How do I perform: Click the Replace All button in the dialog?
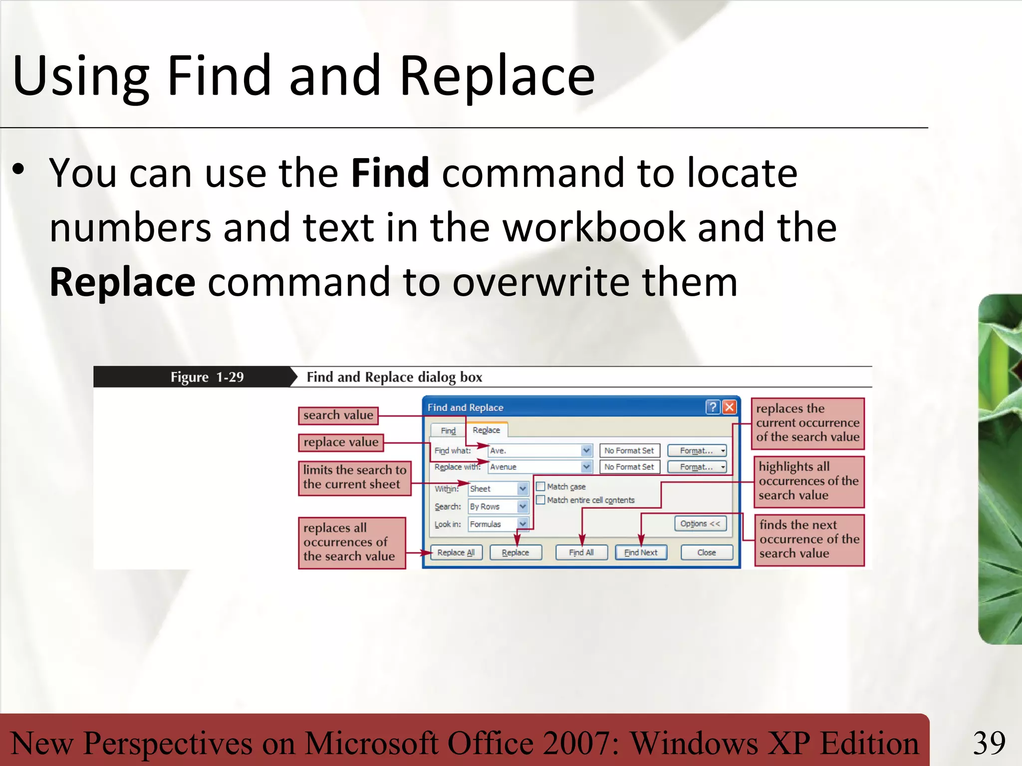456,553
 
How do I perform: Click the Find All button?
581,553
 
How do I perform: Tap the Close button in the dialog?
707,553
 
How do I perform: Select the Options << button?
700,524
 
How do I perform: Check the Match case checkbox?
540,486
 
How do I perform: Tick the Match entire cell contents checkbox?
540,500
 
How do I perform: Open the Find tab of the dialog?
448,430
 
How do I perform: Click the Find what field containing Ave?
534,450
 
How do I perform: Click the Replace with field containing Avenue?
534,467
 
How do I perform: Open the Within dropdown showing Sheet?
522,489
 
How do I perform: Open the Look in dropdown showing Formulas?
522,524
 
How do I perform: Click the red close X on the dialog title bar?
729,407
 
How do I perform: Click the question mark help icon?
713,407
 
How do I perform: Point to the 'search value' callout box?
338,415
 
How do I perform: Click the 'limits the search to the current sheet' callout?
354,477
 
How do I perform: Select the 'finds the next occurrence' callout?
809,539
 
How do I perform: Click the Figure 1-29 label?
207,377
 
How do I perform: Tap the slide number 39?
989,743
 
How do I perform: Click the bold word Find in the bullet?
390,173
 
